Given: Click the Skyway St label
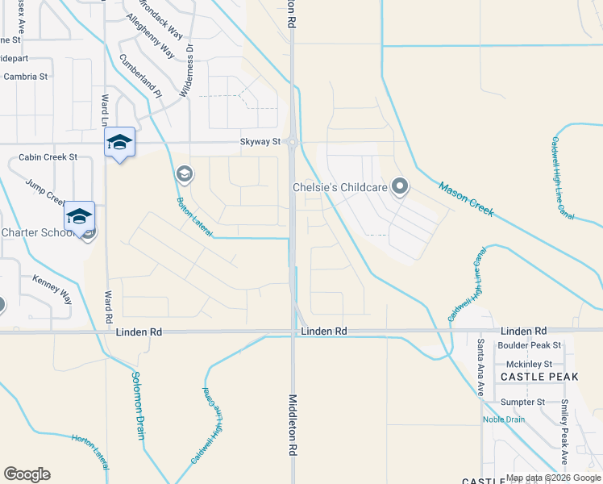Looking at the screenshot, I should coord(260,142).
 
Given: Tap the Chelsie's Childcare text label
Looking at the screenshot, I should coord(340,188).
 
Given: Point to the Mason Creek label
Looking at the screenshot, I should coord(466,200).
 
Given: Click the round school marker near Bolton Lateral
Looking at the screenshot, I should coord(184,173).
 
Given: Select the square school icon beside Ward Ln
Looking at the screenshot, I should coord(120,143).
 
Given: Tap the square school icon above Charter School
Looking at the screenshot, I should coord(80,216).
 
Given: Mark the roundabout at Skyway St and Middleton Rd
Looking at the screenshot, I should coord(293,143).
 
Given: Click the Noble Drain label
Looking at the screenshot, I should coord(503,419).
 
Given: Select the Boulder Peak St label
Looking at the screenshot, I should coord(529,346).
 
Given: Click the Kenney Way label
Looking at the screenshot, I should coord(52,289).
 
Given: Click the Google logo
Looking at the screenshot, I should coord(27,474).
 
